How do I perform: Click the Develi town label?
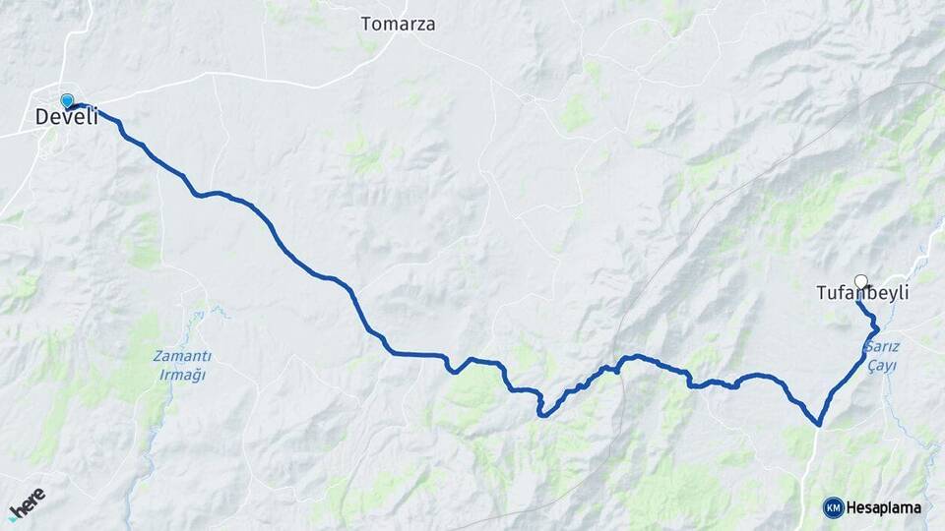[x=67, y=117]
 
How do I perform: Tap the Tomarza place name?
[x=398, y=24]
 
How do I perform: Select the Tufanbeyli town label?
[x=862, y=293]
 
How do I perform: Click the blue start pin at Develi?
[x=67, y=100]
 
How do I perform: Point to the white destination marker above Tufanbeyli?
[x=861, y=281]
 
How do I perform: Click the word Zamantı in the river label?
[x=181, y=356]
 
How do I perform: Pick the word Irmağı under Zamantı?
[x=181, y=374]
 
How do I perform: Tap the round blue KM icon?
[x=833, y=507]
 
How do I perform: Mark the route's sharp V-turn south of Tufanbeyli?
[x=818, y=425]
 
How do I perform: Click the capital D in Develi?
[x=42, y=117]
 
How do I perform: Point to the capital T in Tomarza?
[x=366, y=24]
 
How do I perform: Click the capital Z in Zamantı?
[x=157, y=356]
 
